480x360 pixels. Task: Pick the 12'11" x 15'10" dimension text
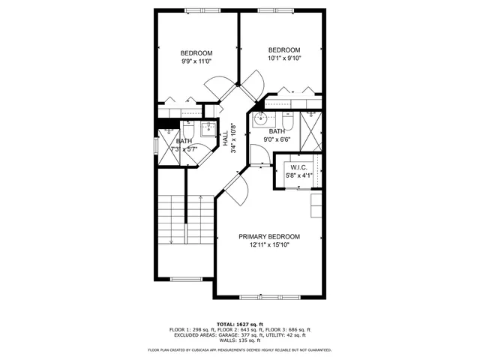269,244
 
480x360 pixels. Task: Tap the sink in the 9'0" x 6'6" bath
261,118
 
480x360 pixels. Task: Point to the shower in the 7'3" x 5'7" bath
168,142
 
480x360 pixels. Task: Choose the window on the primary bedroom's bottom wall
271,298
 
